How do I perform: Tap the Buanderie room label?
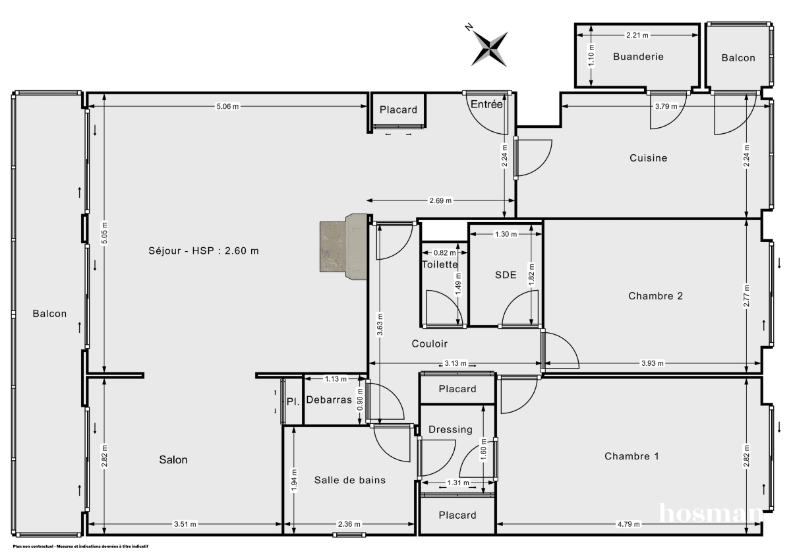tap(638, 57)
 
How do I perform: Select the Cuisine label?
tap(648, 158)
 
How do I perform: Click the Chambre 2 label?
tap(655, 296)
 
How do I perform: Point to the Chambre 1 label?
tap(631, 456)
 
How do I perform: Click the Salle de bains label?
tap(349, 480)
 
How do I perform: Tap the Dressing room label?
tap(450, 430)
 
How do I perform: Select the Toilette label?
tap(440, 264)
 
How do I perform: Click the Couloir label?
tap(430, 343)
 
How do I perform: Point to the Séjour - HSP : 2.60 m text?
tap(203, 250)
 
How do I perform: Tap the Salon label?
tap(173, 460)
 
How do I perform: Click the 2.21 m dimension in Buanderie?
tap(637, 35)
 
